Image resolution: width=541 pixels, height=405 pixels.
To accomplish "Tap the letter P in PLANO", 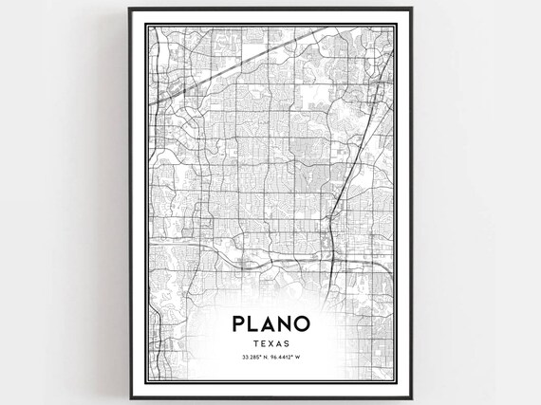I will pyautogui.click(x=235, y=322).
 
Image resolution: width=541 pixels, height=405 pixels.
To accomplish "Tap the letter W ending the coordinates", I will pyautogui.click(x=301, y=359).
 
